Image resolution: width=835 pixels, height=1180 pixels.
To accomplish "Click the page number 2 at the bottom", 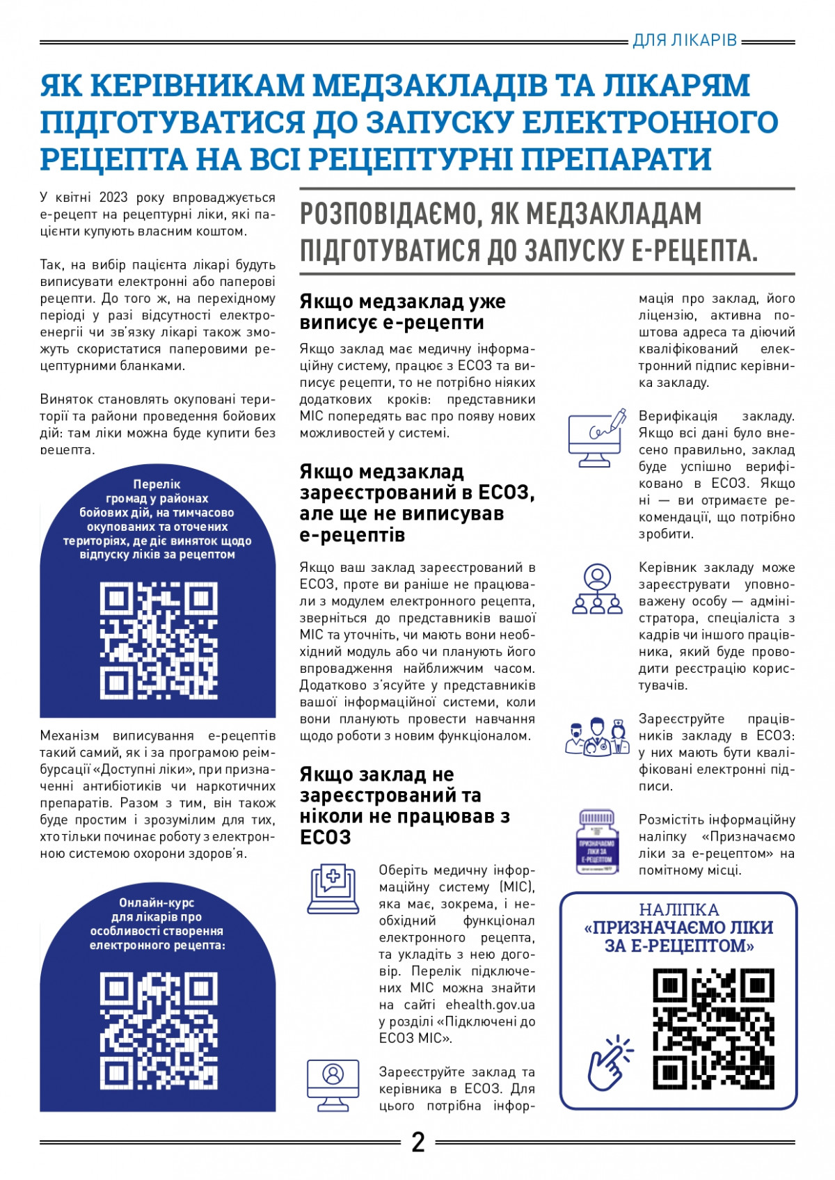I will pyautogui.click(x=418, y=1142).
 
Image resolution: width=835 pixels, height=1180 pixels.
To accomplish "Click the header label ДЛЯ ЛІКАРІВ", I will pyautogui.click(x=685, y=40).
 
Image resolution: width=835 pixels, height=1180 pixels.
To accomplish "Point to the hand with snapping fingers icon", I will pyautogui.click(x=610, y=1063).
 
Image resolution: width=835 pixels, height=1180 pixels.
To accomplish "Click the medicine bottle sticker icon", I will pyautogui.click(x=596, y=841).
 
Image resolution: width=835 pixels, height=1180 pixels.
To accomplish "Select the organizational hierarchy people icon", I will pyautogui.click(x=596, y=589).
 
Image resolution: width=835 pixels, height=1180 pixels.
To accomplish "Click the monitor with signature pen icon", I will pyautogui.click(x=596, y=439).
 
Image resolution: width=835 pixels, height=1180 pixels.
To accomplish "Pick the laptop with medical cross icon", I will pyautogui.click(x=333, y=888).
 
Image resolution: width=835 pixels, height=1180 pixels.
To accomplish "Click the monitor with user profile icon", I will pyautogui.click(x=333, y=1085).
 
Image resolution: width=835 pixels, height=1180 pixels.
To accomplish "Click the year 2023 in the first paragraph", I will pyautogui.click(x=113, y=198).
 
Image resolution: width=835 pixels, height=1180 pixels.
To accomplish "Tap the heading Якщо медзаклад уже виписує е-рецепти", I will pyautogui.click(x=402, y=312).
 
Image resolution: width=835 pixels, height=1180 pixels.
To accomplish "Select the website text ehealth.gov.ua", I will pyautogui.click(x=490, y=1005).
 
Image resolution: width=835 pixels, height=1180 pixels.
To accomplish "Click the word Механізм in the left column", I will pyautogui.click(x=71, y=735).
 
